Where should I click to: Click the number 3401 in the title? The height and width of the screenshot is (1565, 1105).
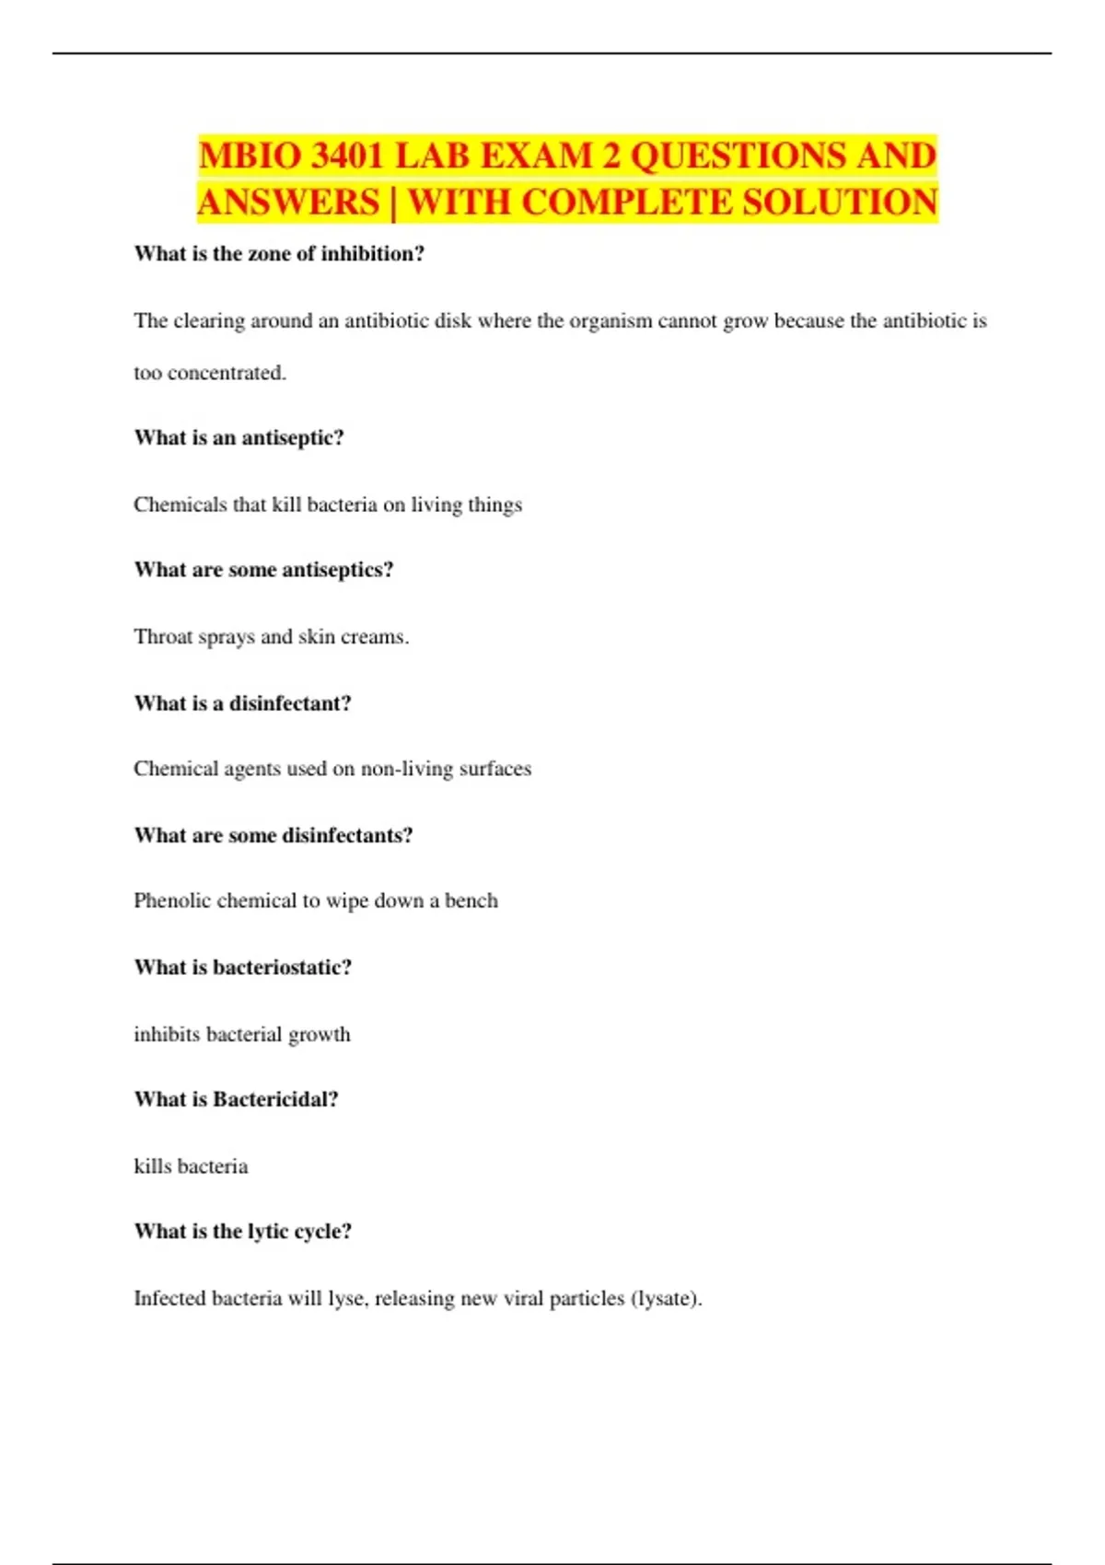coord(345,156)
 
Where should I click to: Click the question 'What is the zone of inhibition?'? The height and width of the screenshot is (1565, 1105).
coord(279,254)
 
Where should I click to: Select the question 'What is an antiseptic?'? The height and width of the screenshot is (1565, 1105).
coord(238,437)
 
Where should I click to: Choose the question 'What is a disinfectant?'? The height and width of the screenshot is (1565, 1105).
coord(242,703)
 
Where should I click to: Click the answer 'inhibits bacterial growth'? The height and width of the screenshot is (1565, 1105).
coord(242,1035)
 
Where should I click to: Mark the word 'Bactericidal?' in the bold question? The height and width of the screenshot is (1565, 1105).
coord(275,1099)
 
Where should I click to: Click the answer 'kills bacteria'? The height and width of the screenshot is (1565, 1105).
coord(191,1166)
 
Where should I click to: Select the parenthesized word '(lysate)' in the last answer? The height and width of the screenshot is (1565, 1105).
coord(666,1299)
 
